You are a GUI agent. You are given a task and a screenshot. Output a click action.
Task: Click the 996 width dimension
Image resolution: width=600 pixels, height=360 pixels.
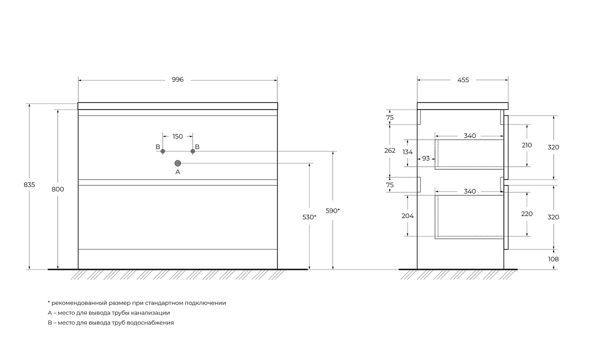[178, 79]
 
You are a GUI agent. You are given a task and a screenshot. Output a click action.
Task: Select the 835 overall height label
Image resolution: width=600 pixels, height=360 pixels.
[29, 185]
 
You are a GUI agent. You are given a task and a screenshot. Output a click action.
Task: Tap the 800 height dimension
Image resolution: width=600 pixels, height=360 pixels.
[58, 189]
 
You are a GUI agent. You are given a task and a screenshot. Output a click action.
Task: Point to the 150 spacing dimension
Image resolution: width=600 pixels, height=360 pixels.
[177, 136]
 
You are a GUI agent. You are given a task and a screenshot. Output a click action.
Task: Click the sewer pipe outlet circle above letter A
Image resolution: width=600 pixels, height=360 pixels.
[177, 163]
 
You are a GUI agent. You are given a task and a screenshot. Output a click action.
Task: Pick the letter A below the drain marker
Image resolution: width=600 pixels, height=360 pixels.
[177, 172]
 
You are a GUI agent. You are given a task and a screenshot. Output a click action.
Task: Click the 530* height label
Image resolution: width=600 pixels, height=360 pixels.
[309, 217]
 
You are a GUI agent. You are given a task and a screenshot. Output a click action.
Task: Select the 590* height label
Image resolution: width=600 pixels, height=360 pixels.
[333, 210]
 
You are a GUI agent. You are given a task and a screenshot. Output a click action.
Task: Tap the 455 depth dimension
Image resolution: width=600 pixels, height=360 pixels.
[463, 80]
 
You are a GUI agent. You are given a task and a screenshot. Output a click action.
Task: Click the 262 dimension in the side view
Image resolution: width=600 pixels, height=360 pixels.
[390, 150]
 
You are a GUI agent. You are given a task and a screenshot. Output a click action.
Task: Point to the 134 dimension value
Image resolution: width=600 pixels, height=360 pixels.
[407, 152]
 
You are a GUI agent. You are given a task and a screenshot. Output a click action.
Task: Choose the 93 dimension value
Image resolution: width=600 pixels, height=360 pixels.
[426, 158]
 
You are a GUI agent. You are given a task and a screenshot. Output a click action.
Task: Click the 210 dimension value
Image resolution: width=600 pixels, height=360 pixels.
[526, 145]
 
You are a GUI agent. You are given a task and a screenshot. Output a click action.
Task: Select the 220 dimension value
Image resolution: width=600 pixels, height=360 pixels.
[526, 213]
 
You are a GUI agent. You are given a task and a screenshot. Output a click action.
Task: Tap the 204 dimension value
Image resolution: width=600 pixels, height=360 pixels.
[407, 215]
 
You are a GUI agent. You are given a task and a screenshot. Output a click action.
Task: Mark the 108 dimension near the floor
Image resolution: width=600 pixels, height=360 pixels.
[553, 259]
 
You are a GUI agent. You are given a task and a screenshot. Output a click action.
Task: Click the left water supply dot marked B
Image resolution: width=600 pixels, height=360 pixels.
[162, 151]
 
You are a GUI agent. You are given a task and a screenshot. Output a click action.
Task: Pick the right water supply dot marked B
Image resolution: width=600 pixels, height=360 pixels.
[192, 151]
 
